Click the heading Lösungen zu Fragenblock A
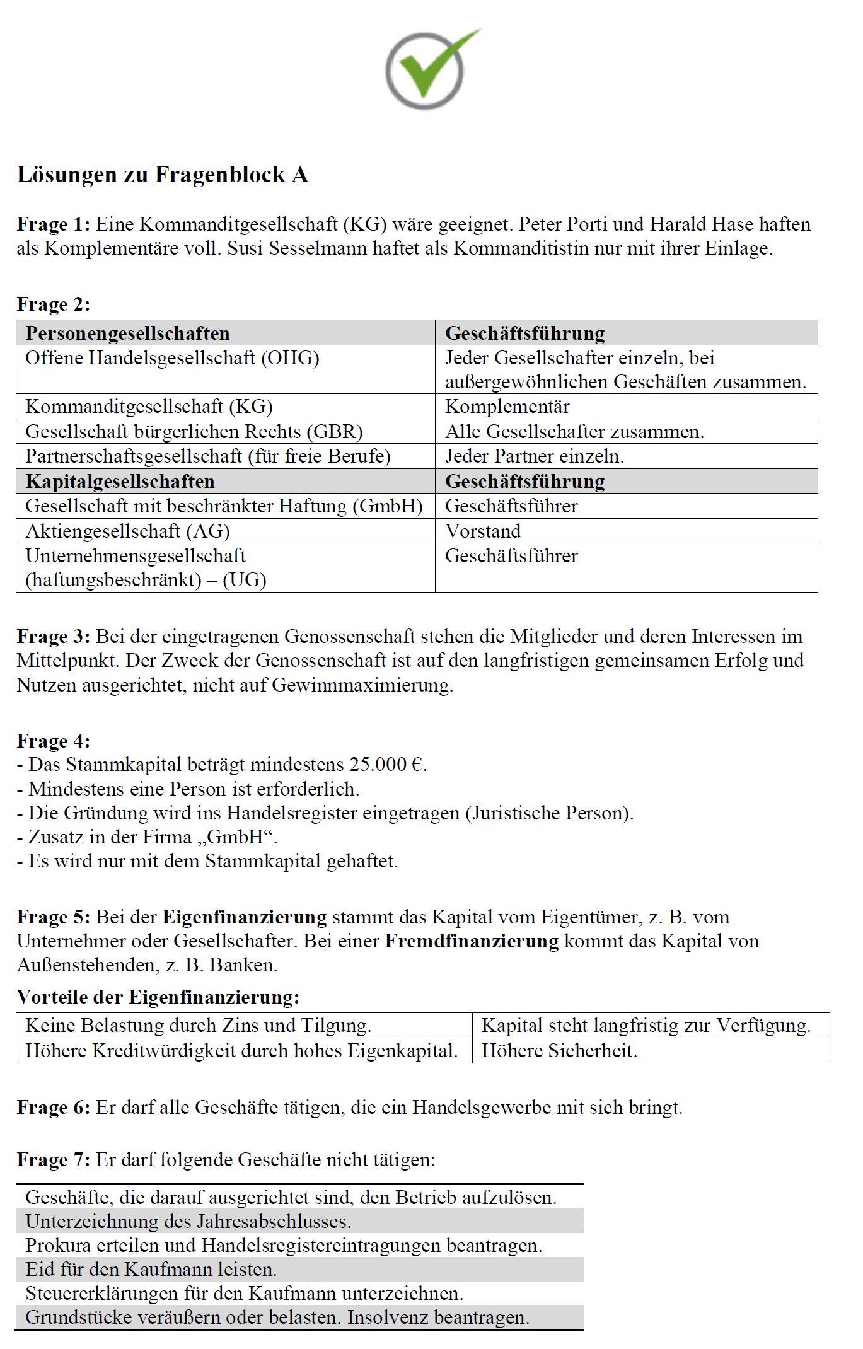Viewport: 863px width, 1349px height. click(x=162, y=175)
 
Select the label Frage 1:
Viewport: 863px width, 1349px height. click(x=54, y=224)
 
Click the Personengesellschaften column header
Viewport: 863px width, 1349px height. click(x=127, y=333)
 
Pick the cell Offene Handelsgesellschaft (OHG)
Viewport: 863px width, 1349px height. click(x=172, y=358)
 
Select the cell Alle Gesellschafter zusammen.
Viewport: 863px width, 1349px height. click(x=574, y=432)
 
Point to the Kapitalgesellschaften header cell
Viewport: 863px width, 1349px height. click(x=120, y=481)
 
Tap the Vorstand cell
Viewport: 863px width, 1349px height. click(x=483, y=531)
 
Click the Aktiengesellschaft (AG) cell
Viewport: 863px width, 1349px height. click(x=127, y=531)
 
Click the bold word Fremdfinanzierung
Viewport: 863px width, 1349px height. click(x=472, y=941)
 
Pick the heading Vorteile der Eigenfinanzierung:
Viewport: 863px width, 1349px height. click(x=158, y=997)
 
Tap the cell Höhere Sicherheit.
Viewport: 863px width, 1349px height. click(x=559, y=1050)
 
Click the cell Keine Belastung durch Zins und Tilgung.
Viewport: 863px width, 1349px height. click(x=198, y=1025)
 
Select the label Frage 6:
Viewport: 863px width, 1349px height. click(x=54, y=1107)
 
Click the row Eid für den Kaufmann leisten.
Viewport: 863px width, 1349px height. click(x=151, y=1269)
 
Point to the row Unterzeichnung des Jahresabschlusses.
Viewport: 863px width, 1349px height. click(x=188, y=1221)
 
